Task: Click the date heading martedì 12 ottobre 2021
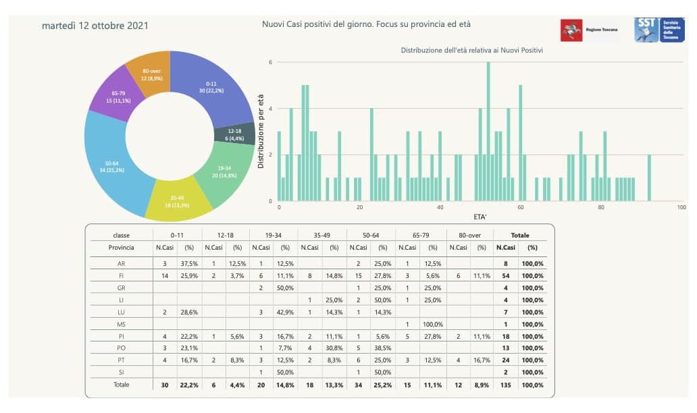click(95, 26)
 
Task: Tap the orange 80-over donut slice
click(151, 74)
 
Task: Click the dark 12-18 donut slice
click(234, 134)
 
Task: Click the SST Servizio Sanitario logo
click(655, 30)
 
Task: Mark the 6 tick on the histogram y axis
click(270, 62)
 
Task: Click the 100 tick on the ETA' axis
click(681, 208)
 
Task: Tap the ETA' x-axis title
click(482, 217)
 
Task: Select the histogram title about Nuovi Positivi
click(472, 50)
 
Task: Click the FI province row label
click(121, 275)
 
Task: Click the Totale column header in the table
click(519, 236)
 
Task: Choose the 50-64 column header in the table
click(371, 236)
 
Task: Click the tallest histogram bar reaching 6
click(488, 132)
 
